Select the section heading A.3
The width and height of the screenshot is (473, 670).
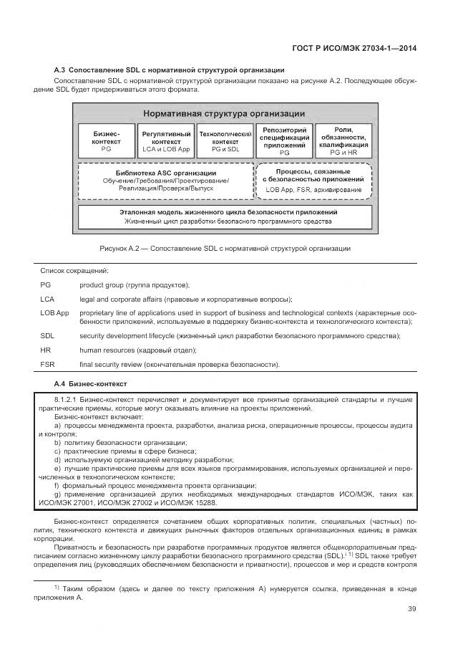pos(170,70)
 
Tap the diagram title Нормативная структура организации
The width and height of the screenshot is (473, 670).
pos(223,113)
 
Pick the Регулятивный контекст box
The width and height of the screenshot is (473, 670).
pos(166,142)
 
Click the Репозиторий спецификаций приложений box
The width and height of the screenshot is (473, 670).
pos(284,142)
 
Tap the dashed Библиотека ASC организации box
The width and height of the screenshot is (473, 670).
pos(165,181)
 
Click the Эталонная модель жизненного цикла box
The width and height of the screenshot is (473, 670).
pos(224,216)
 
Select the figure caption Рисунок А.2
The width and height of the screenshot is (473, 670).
pos(224,248)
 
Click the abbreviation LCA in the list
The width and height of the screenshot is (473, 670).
pos(47,299)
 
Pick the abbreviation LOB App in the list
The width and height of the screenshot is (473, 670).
pos(54,313)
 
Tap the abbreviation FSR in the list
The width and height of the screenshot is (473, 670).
pos(47,365)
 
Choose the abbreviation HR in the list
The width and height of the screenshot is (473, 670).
pos(45,350)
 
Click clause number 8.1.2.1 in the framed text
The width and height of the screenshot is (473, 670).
pos(67,398)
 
